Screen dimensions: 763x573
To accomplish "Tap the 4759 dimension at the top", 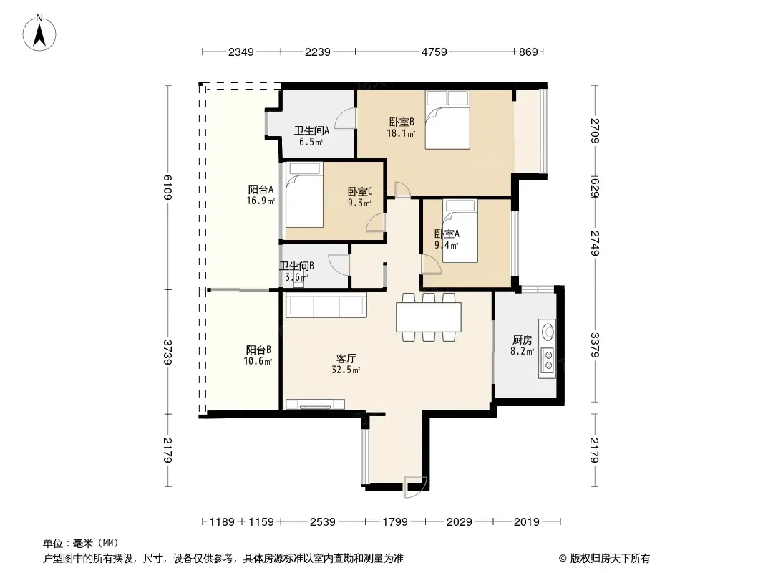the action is (434, 52).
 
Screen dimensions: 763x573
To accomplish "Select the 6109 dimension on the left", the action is (167, 187).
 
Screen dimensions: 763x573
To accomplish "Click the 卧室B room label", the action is (402, 122).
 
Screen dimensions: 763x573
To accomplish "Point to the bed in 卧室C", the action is (305, 195).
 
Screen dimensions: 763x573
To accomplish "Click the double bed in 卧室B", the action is (447, 120).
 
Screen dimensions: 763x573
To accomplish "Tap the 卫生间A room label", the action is (311, 130).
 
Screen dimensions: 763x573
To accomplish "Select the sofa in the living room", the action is (326, 305).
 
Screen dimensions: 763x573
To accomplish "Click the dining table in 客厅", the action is (429, 317).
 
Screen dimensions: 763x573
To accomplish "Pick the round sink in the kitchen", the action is (548, 332).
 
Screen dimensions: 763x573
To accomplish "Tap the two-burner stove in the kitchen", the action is (548, 360).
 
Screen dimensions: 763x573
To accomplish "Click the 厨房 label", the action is (522, 340).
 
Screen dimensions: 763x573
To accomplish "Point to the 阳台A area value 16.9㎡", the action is (261, 200).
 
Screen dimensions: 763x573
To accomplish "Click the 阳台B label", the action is (258, 350).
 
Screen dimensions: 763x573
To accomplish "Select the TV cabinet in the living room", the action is (316, 404).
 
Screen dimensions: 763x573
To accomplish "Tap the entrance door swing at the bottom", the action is (415, 487).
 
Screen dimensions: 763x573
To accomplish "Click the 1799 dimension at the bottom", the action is (394, 522).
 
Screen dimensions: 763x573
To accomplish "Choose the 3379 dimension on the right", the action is (595, 345).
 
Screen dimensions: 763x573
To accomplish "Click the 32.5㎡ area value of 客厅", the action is (346, 370).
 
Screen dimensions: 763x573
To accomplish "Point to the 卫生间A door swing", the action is (345, 117).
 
